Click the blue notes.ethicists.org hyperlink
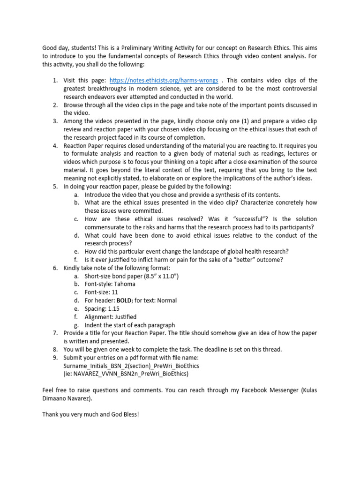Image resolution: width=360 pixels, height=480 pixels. coord(164,81)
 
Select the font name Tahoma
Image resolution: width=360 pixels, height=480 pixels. coord(124,284)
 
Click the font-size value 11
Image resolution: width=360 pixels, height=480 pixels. coord(118,292)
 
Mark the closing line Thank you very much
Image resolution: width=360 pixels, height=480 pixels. coord(90,415)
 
